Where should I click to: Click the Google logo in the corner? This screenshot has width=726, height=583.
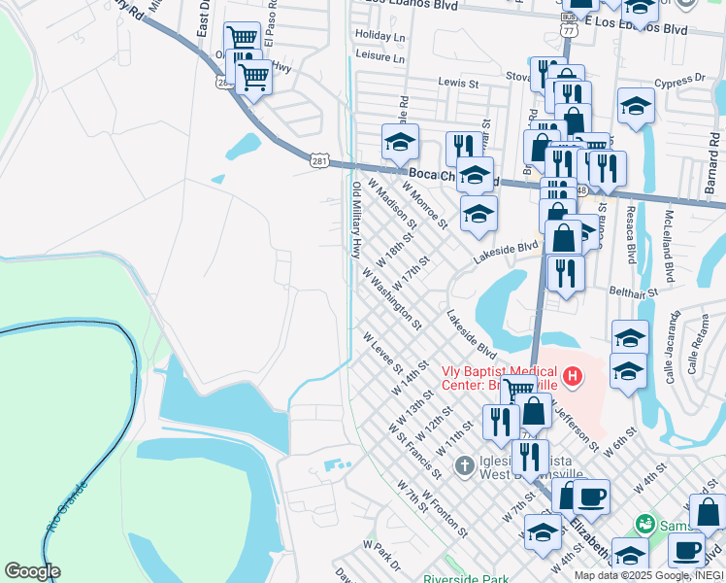tap(32, 571)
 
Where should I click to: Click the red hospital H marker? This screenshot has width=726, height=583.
tap(574, 375)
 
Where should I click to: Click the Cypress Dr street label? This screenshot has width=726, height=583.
tap(678, 85)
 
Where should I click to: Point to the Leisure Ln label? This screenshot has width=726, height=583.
tap(379, 58)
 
